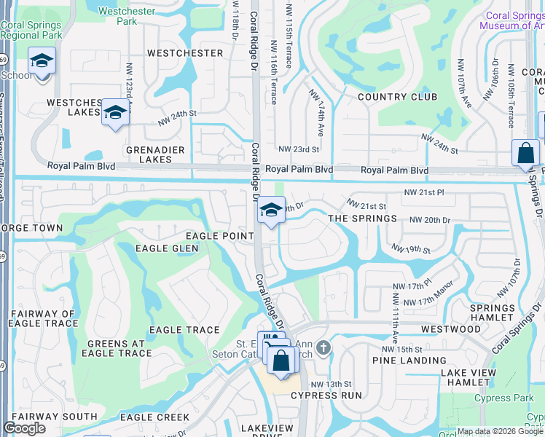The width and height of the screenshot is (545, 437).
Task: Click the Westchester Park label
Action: pyautogui.click(x=117, y=16)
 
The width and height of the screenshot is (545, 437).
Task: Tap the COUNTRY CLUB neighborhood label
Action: pyautogui.click(x=397, y=97)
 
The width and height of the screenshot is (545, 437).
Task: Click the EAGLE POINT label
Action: pyautogui.click(x=219, y=235)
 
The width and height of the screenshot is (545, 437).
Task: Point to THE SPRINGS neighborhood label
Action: pyautogui.click(x=362, y=219)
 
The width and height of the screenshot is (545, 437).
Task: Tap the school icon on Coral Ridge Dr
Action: pyautogui.click(x=271, y=211)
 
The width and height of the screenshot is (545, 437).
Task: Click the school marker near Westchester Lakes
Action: pyautogui.click(x=115, y=113)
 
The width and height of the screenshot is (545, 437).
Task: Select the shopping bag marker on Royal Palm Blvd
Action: pyautogui.click(x=525, y=154)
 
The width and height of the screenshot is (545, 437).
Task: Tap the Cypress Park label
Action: pyautogui.click(x=503, y=398)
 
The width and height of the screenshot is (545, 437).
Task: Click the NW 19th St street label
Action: pyautogui.click(x=410, y=249)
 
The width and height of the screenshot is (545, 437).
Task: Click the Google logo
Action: pyautogui.click(x=25, y=428)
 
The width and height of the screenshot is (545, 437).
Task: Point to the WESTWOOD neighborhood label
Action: pyautogui.click(x=451, y=329)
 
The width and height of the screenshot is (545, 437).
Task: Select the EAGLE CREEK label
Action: pyautogui.click(x=154, y=417)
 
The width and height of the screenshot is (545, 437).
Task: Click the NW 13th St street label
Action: pyautogui.click(x=331, y=384)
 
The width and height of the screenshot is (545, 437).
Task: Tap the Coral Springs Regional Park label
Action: pyautogui.click(x=31, y=29)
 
